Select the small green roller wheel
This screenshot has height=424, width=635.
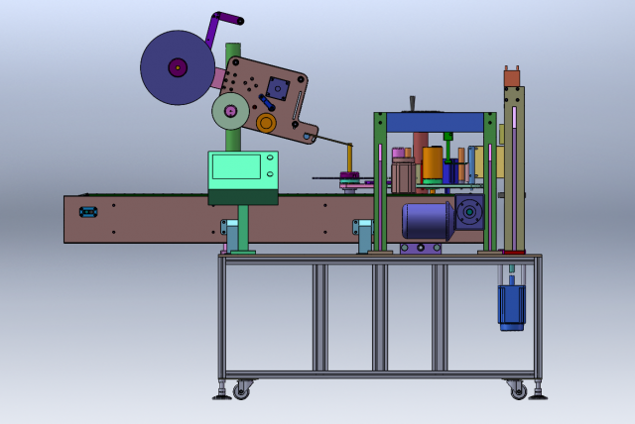click(x=230, y=111)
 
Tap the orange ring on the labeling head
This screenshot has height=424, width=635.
click(x=266, y=122)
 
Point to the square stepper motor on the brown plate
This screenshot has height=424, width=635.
click(x=278, y=89)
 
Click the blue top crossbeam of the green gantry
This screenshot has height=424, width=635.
click(x=435, y=122)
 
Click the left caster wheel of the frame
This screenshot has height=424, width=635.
click(x=241, y=391)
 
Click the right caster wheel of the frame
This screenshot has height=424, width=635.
click(x=518, y=391)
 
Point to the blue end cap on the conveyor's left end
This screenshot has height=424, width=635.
click(x=88, y=212)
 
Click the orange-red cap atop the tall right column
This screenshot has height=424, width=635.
click(x=512, y=77)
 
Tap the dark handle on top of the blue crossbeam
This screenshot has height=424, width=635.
click(x=412, y=104)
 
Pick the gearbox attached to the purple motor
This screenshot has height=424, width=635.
click(x=469, y=213)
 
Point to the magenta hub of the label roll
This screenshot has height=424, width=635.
click(x=177, y=67)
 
